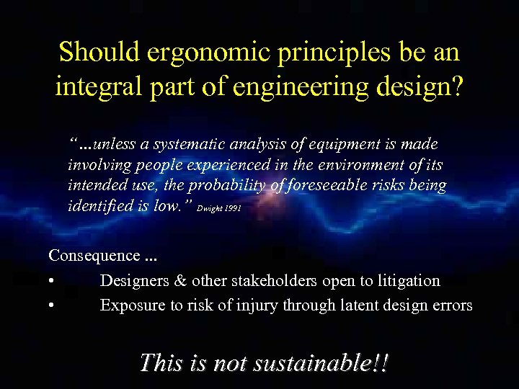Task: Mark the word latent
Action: [x=338, y=305]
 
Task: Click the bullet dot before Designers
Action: [x=52, y=281]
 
